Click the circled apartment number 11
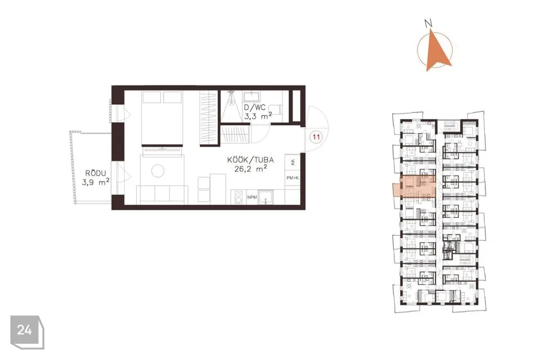(x=316, y=137)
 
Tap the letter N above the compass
(x=429, y=24)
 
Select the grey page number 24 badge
(x=27, y=332)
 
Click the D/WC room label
(x=254, y=107)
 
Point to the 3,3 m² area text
(x=258, y=116)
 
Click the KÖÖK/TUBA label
(x=250, y=160)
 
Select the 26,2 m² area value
(x=251, y=169)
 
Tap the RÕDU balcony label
(x=96, y=173)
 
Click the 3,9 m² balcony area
(x=96, y=182)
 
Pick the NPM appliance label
(x=252, y=197)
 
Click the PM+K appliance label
(x=292, y=178)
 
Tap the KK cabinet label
(x=292, y=162)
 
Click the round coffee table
(x=157, y=171)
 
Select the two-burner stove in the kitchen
(x=237, y=197)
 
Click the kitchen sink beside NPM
(x=266, y=197)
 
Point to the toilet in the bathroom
(x=275, y=110)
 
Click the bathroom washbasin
(x=252, y=96)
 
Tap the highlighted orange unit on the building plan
(x=415, y=186)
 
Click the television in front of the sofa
(x=162, y=149)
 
